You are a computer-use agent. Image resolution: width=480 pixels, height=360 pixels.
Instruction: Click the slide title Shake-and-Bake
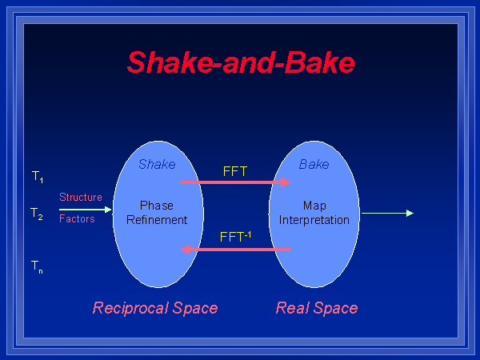coord(240,62)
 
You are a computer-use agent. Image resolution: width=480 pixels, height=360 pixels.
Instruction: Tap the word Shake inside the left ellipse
coord(157,164)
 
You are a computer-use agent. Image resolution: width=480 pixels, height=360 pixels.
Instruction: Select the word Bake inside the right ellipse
coord(314,164)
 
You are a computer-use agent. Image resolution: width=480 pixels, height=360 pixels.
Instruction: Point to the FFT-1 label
coord(235,237)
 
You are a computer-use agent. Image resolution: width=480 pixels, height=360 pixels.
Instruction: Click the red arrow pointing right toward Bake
coord(235,182)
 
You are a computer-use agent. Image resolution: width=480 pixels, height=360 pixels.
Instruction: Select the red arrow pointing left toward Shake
coord(235,250)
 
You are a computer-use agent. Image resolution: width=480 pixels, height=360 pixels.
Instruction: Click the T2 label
coord(37,214)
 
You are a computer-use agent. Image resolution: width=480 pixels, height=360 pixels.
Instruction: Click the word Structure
coord(81,197)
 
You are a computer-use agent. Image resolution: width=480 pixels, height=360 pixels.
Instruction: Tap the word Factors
coord(77,218)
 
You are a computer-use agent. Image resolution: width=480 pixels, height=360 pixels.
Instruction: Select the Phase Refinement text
coord(157,213)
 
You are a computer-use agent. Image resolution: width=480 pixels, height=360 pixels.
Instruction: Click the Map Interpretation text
coord(314,213)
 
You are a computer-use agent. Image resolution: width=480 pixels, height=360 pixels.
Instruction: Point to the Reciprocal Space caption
coord(155,308)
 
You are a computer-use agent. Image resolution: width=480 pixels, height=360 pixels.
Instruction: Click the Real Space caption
coord(317,308)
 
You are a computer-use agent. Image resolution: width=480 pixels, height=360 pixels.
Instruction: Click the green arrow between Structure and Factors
coord(86,209)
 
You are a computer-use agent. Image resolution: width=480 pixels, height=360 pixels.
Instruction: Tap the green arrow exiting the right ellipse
coord(387,213)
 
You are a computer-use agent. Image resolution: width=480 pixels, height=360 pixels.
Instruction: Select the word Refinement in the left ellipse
coord(157,220)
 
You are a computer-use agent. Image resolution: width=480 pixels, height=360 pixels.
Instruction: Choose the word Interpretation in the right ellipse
coord(314,220)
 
